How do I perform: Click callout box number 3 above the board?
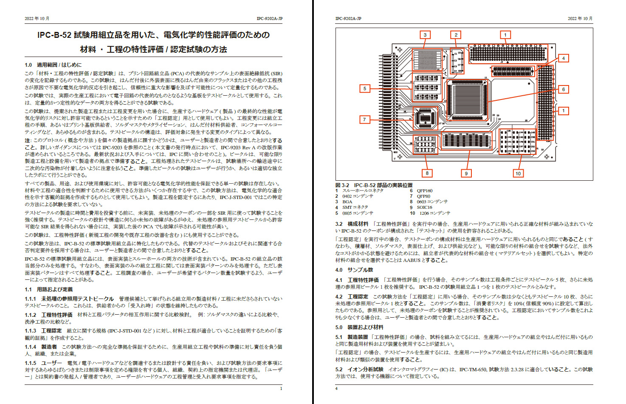tap(425, 35)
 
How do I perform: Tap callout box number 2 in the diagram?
tap(456, 35)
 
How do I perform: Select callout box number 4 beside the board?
tap(564, 58)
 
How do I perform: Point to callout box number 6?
tap(564, 89)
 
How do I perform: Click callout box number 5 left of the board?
tap(364, 88)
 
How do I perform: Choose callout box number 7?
tap(364, 119)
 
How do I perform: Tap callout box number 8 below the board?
tap(427, 173)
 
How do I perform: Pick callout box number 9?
tap(466, 173)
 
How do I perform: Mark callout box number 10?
tap(518, 173)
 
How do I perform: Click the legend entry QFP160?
tap(424, 191)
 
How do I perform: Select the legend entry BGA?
tap(347, 202)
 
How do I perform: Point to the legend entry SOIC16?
tap(424, 208)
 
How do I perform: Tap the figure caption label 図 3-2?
tap(342, 185)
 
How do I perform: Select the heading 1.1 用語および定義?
tap(49, 290)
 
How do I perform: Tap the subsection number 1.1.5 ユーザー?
tap(31, 363)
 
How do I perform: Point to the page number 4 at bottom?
tap(336, 388)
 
